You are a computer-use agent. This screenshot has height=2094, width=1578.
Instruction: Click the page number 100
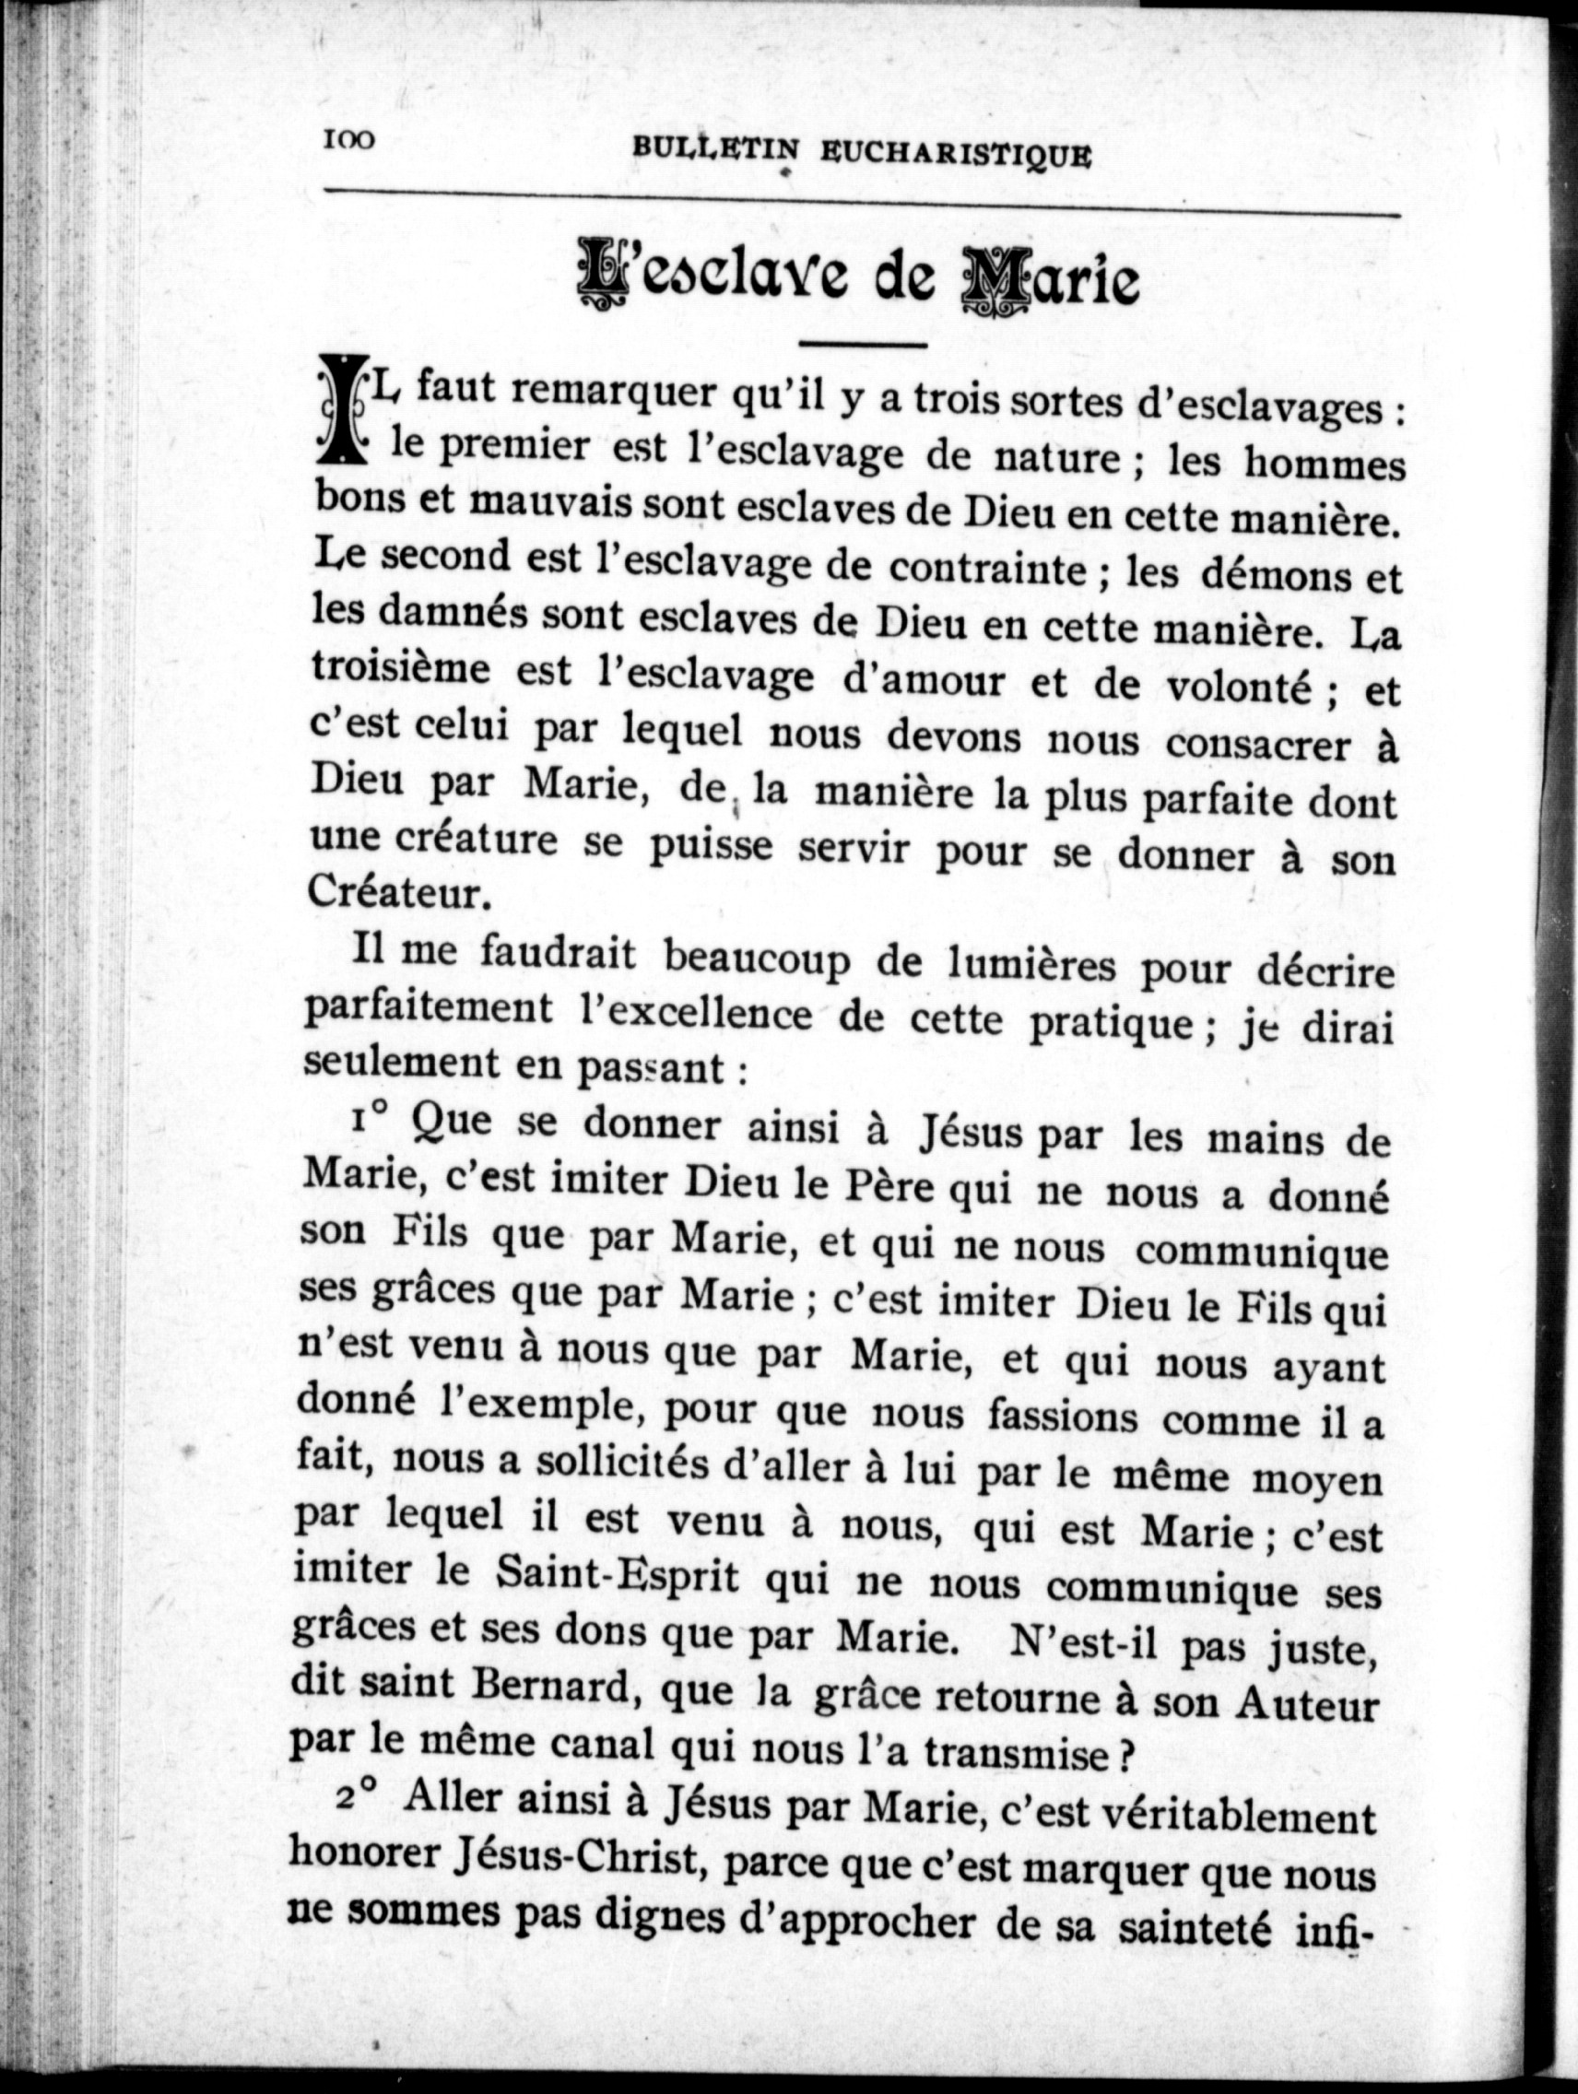coord(349,141)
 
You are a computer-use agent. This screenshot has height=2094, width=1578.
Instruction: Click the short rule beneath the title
coord(863,344)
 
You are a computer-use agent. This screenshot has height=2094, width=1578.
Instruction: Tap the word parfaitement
coord(428,1010)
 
